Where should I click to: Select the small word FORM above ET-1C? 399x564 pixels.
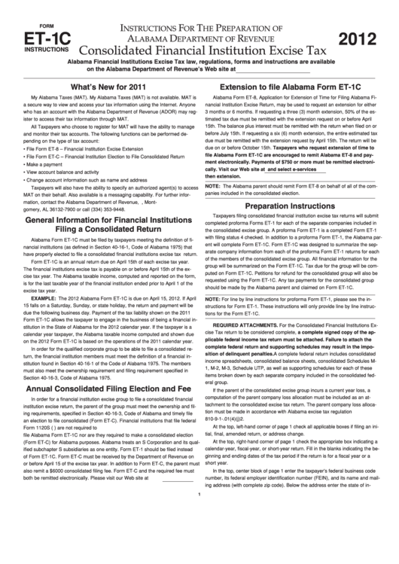[40, 21]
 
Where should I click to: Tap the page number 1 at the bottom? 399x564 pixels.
[198, 557]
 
